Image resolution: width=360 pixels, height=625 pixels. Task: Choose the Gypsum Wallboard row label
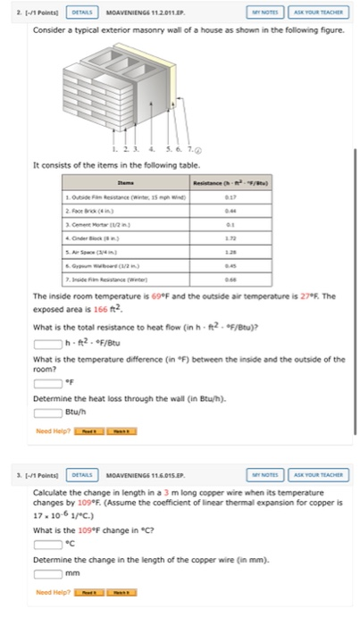99,267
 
